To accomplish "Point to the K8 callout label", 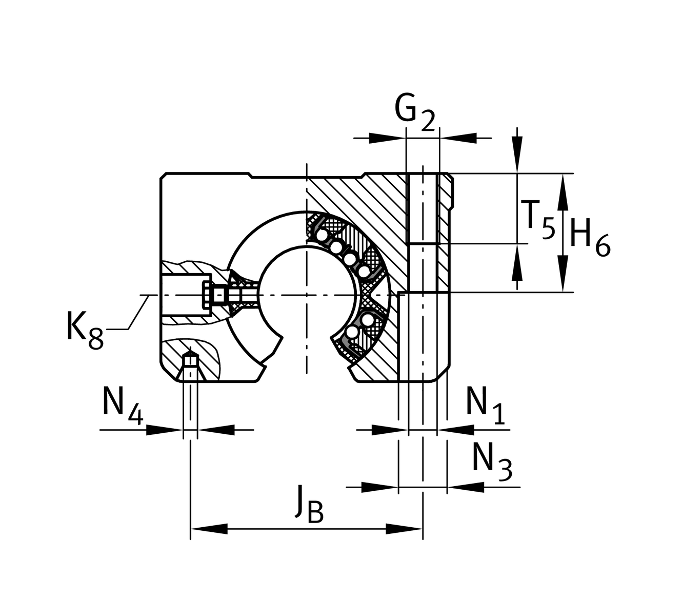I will click(85, 329).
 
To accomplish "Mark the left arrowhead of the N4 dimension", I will click(165, 430).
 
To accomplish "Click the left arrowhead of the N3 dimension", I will click(379, 487).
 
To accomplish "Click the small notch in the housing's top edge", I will click(250, 176).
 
